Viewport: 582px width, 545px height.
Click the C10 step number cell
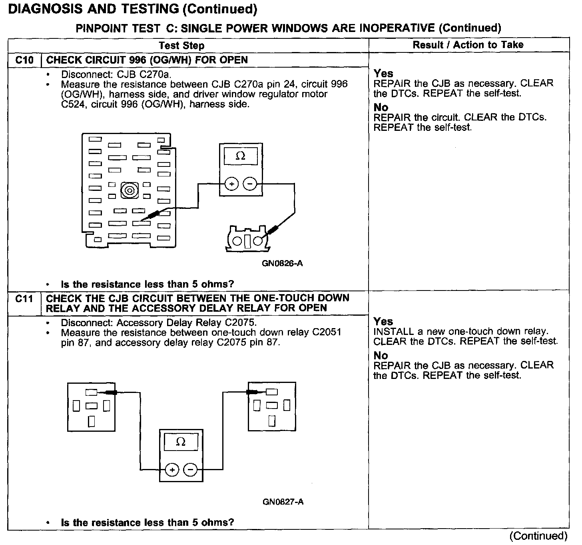24,60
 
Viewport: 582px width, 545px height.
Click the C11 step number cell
24,299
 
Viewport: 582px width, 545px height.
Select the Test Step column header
181,46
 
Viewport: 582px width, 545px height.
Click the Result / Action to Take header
468,45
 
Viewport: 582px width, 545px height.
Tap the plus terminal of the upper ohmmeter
232,184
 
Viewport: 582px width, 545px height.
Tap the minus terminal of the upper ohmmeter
250,184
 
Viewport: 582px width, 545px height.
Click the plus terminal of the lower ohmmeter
172,470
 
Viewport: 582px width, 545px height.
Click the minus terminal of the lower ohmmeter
190,470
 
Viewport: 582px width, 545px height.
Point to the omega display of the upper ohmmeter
241,156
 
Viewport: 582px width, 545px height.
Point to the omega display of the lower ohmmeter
181,442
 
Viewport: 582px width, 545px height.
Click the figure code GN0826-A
282,263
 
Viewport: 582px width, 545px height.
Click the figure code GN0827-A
283,501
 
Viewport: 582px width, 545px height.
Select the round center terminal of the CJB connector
129,190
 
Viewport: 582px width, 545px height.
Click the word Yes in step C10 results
383,74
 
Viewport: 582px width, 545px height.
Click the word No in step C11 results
381,355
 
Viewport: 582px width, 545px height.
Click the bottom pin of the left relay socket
92,421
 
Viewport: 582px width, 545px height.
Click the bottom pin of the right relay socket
272,421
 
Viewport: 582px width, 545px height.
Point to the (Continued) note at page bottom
538,536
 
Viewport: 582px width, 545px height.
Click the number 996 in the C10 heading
130,60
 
